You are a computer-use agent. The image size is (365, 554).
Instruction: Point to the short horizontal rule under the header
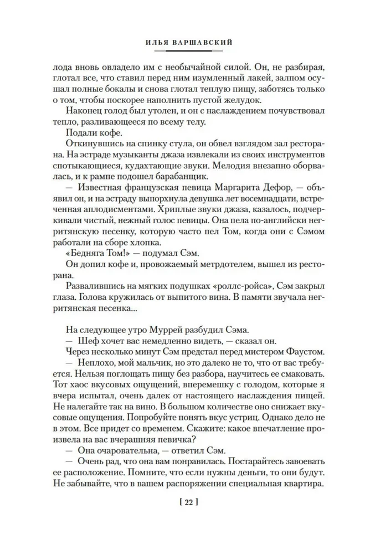coord(182,50)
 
